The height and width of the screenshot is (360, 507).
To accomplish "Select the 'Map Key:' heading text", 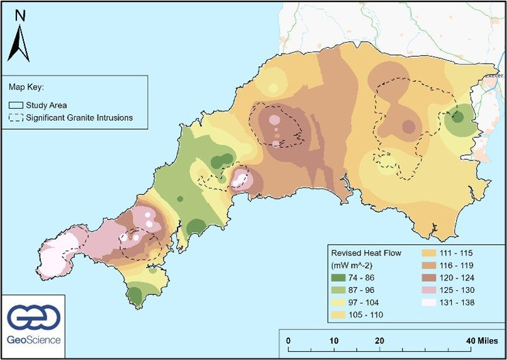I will [26, 88].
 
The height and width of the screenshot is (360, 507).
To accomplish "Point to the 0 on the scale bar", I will [288, 340].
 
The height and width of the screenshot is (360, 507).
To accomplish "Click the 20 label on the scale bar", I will [379, 340].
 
